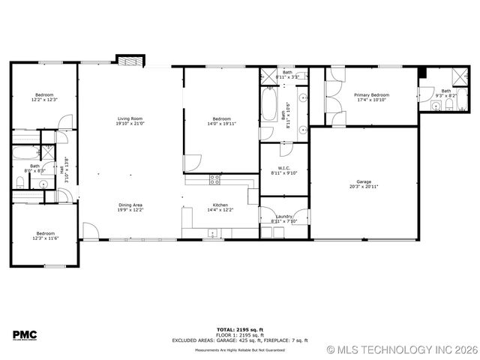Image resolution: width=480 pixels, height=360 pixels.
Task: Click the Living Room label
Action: tap(130, 119)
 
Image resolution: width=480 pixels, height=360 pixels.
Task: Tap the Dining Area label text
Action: tap(130, 205)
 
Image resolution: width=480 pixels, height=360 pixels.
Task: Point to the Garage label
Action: tap(364, 181)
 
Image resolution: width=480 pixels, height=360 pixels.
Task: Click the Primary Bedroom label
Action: tap(372, 95)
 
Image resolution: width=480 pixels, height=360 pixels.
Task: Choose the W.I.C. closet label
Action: tap(283, 168)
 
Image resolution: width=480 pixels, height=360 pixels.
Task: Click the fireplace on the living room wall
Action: tap(130, 60)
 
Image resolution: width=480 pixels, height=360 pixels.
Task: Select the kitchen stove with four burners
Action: tap(215, 179)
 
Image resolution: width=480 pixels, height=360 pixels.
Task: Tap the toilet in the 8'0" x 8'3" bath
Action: tap(19, 182)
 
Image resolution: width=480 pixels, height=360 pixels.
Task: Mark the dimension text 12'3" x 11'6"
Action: tap(45, 238)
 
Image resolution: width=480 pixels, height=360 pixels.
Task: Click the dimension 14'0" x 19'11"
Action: tap(221, 124)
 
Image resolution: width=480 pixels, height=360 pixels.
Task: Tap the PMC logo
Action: tap(25, 334)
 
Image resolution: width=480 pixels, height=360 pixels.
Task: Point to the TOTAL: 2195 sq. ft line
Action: tap(240, 329)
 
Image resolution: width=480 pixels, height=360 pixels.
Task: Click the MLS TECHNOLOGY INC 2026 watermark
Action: tap(402, 349)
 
